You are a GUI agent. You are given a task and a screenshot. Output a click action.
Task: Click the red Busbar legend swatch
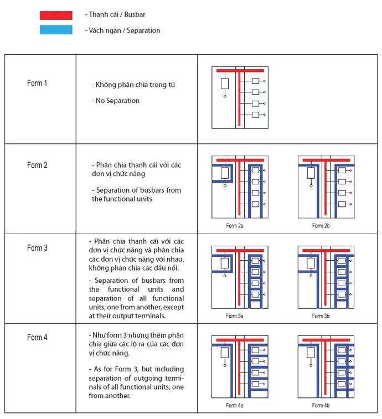[56, 15]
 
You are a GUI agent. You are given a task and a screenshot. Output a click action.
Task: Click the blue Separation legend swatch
[56, 30]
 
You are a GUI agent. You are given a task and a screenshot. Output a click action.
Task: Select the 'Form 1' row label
[37, 83]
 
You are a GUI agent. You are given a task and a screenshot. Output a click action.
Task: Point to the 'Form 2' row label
[37, 165]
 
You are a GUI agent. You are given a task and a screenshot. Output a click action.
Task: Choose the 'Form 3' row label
[37, 248]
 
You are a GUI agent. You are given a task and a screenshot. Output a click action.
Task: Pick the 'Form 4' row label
[37, 337]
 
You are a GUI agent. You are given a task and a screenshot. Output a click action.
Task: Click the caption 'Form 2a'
[234, 226]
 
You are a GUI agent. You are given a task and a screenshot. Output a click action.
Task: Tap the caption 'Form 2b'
[321, 226]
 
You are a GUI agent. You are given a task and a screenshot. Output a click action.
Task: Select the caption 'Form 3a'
[234, 316]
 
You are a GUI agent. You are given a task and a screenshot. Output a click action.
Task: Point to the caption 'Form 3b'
[321, 316]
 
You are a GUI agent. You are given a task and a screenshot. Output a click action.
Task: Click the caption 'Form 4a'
[234, 405]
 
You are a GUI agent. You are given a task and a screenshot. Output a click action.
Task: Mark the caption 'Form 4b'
[321, 405]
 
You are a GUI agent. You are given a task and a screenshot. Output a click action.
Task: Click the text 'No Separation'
[117, 101]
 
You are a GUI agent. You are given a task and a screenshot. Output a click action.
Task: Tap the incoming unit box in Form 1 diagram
[225, 84]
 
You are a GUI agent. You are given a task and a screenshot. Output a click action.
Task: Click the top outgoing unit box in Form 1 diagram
[256, 81]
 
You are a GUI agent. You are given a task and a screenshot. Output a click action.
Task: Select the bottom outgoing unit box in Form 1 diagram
[256, 115]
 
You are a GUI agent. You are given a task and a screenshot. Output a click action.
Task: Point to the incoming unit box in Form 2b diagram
[311, 173]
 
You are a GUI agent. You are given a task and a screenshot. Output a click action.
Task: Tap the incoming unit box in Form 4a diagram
[225, 353]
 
